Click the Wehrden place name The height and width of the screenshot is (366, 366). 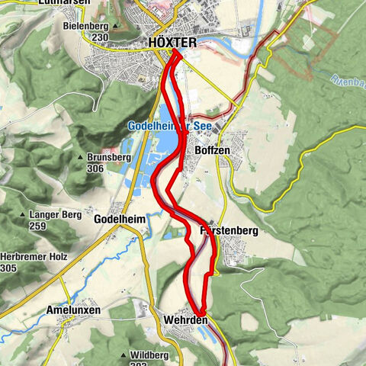[x=185, y=320]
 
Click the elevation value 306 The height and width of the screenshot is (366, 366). [x=97, y=169]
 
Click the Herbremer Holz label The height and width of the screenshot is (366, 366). [x=32, y=257]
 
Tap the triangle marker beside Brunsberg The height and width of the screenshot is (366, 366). [x=80, y=158]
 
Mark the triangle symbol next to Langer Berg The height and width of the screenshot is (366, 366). [x=23, y=216]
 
